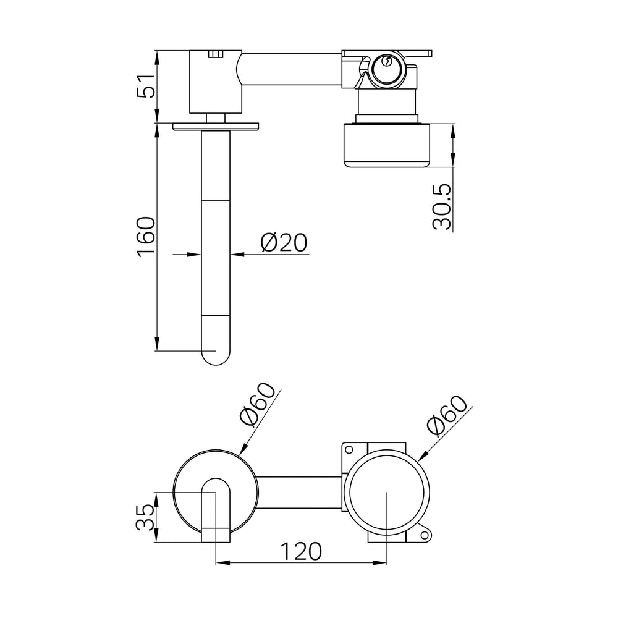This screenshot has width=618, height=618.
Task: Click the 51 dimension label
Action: [146, 85]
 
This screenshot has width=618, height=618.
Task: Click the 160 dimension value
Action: [146, 237]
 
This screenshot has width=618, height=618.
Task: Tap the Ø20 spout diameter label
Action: [284, 243]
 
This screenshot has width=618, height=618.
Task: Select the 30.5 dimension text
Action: [441, 206]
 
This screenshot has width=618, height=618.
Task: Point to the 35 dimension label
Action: [145, 517]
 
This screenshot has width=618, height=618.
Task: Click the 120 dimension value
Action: [301, 551]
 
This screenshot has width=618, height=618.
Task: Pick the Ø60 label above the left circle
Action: [257, 404]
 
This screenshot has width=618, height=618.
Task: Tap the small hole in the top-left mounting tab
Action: [349, 449]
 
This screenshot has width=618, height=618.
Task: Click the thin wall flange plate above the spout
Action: [215, 126]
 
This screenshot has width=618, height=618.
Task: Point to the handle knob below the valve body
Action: [387, 145]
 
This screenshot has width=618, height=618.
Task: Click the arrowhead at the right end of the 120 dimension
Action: [380, 563]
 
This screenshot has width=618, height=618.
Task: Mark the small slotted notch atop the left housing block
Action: [215, 54]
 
